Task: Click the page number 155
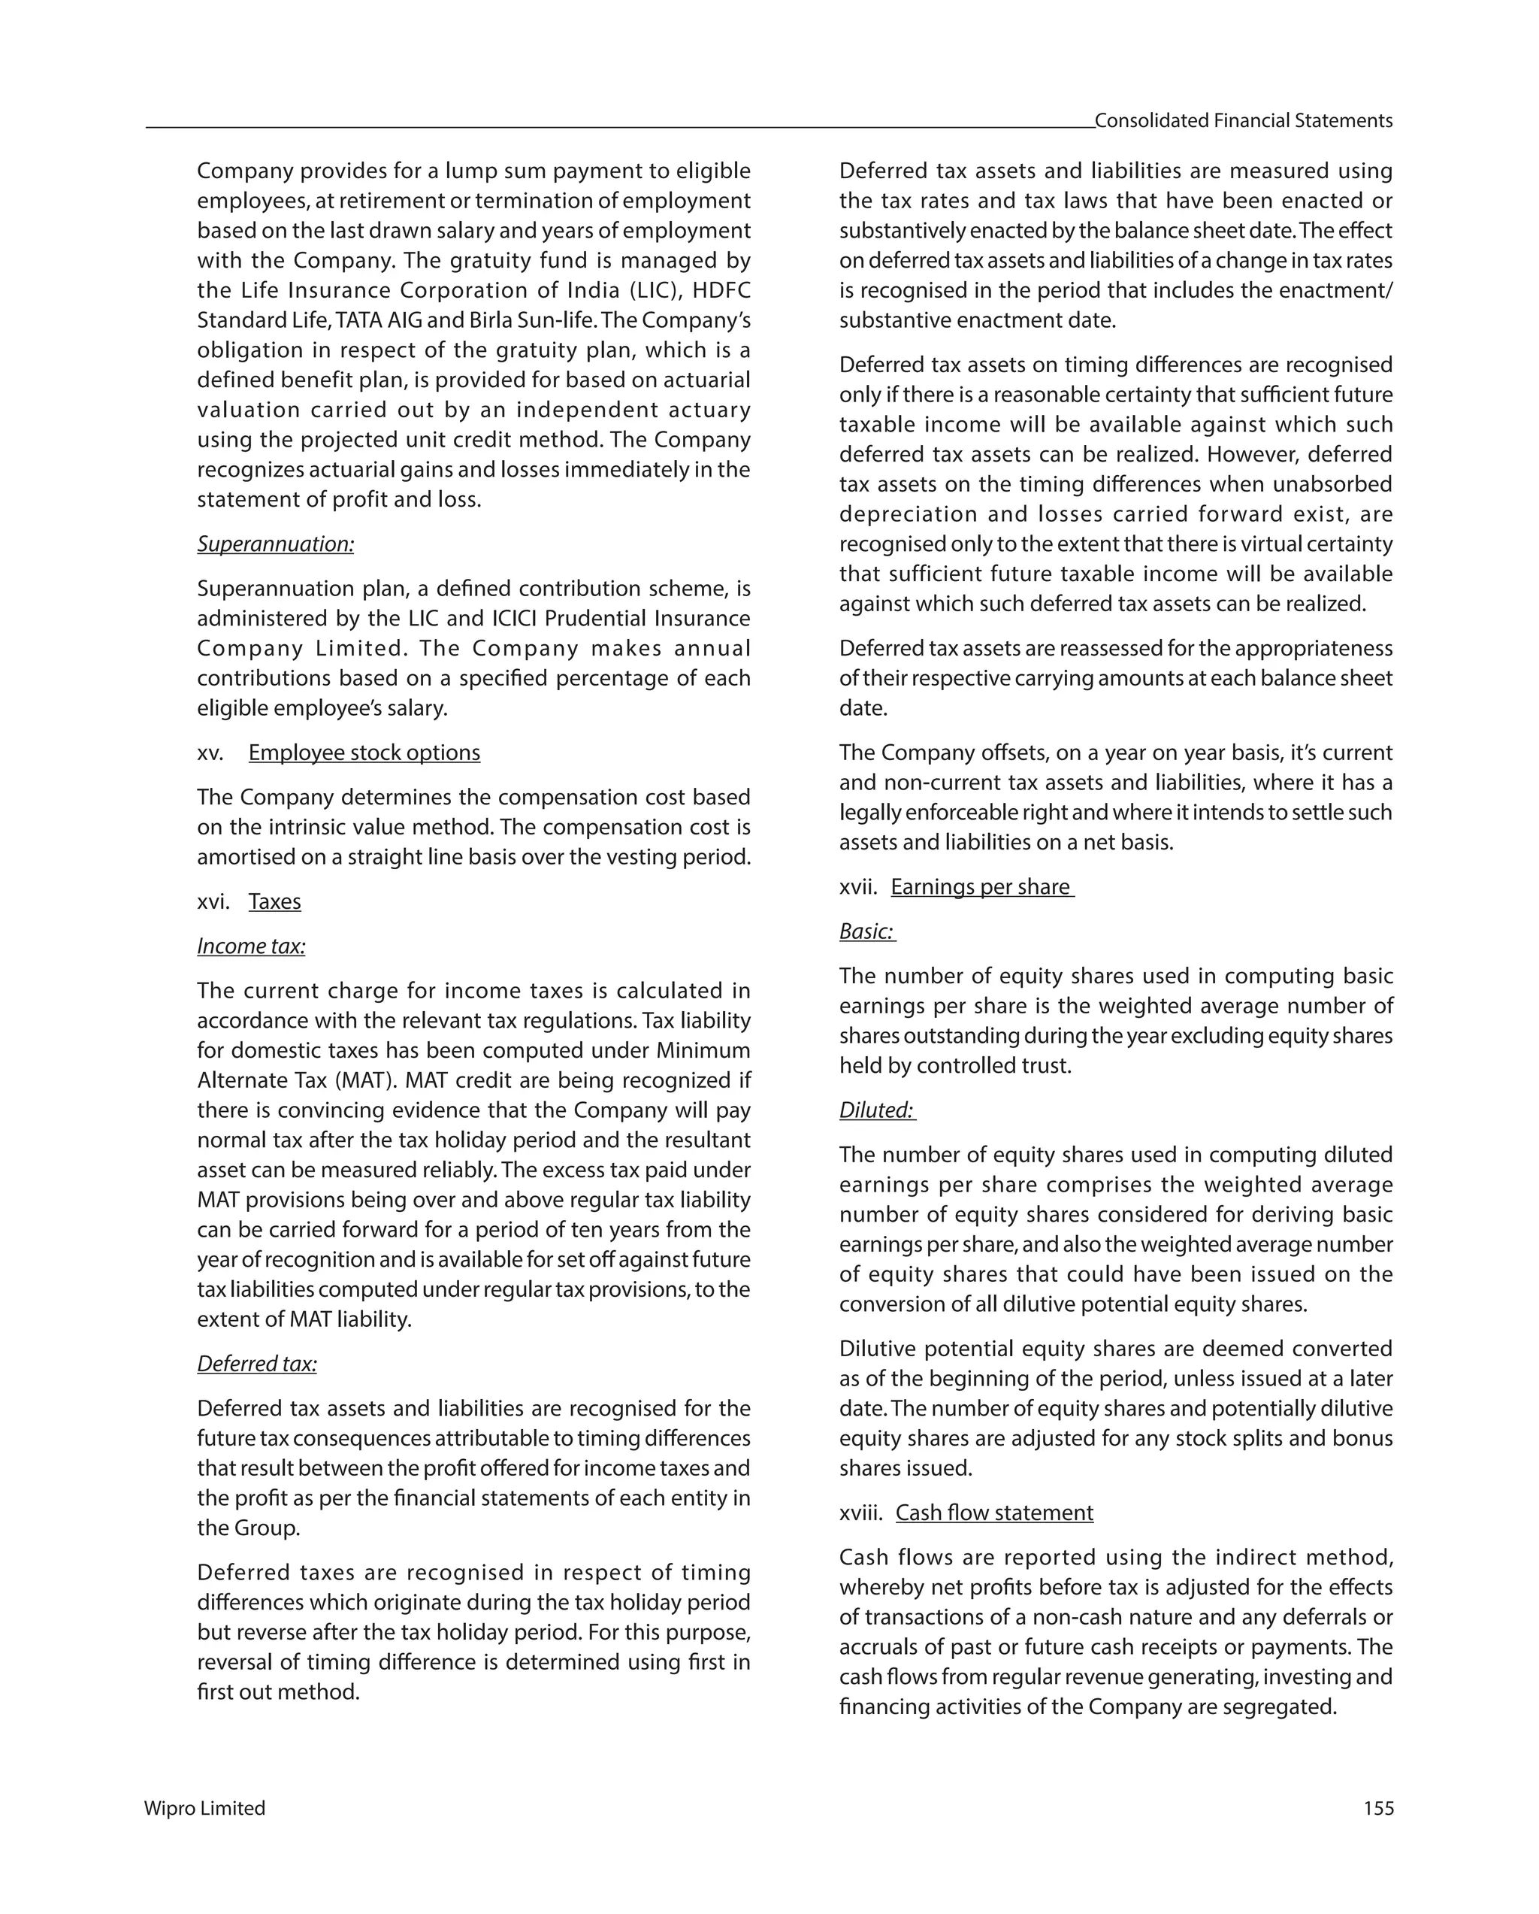tap(1377, 1808)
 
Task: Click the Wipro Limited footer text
tap(204, 1808)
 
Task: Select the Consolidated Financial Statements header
tap(1243, 121)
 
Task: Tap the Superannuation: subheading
tap(275, 544)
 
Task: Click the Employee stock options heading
tap(364, 753)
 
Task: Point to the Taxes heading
tap(274, 902)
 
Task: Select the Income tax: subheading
tap(251, 946)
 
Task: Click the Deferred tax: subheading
tap(256, 1364)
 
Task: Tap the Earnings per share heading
tap(981, 887)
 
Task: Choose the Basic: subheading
tap(866, 931)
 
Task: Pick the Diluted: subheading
tap(876, 1110)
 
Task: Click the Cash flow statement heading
tap(994, 1513)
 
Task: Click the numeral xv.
tap(210, 753)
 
